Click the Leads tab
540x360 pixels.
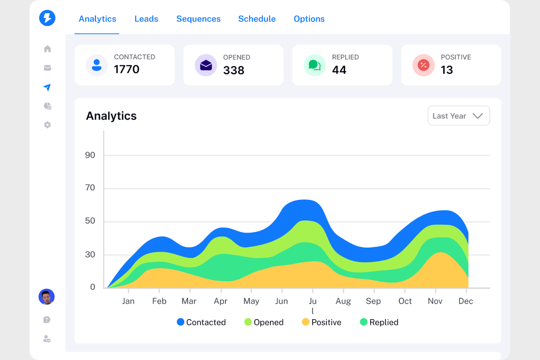[x=146, y=19]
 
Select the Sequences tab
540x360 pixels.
[x=198, y=19]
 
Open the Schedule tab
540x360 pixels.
[x=257, y=19]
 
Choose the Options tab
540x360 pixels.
[x=309, y=19]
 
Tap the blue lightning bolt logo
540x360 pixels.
[x=47, y=18]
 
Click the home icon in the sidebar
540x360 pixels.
[x=47, y=49]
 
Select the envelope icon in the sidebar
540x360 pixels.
[x=47, y=68]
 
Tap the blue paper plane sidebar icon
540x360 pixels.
[x=47, y=87]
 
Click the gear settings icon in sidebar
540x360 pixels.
[x=47, y=125]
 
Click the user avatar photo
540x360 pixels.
[x=47, y=297]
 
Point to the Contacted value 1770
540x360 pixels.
[x=127, y=69]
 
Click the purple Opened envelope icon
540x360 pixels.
[x=206, y=65]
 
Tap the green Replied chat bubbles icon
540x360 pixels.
[x=315, y=65]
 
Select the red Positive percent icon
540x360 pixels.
[x=423, y=65]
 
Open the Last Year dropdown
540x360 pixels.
[x=459, y=116]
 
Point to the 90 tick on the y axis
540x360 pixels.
[x=90, y=155]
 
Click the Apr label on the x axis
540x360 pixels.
[x=220, y=301]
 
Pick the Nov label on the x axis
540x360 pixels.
[x=435, y=301]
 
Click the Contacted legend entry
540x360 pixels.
[x=201, y=322]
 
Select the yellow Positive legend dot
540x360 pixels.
[x=306, y=322]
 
